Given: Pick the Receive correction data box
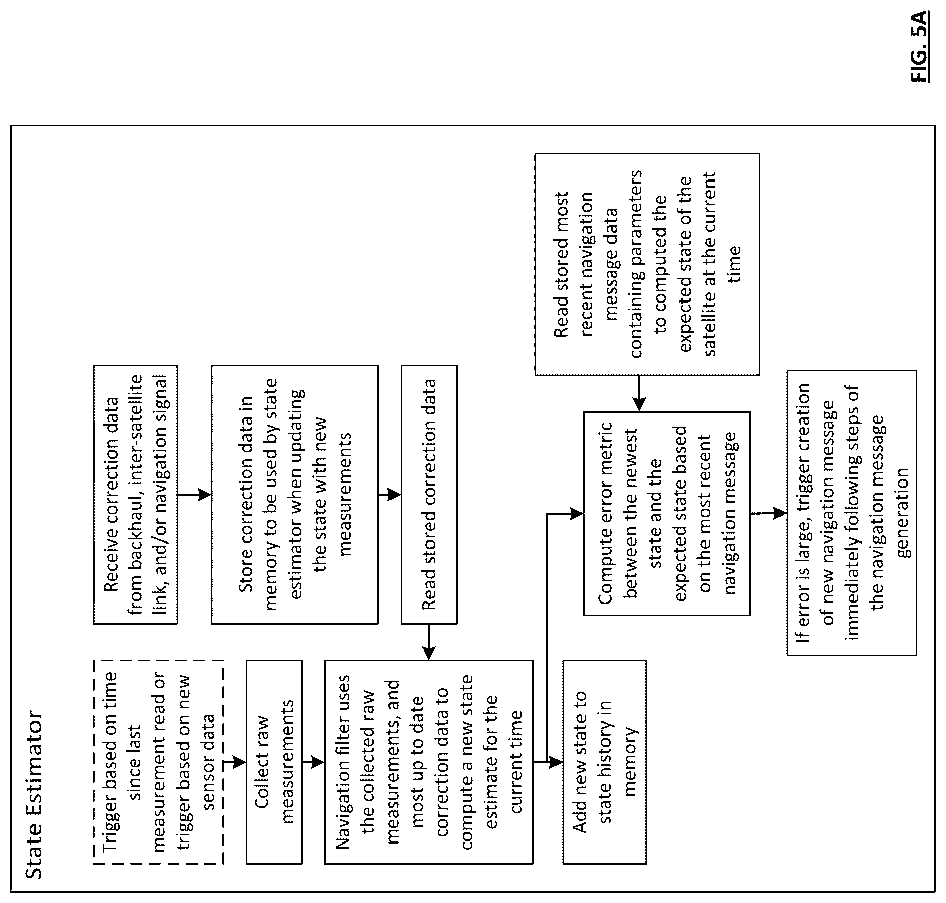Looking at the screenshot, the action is tap(136, 495).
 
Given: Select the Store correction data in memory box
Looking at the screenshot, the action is tap(295, 495).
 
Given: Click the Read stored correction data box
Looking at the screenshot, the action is tap(429, 495).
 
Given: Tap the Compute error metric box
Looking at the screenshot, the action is tap(667, 514).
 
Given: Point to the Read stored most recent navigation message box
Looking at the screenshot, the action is tap(647, 264).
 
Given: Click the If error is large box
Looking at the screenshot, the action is tap(852, 513).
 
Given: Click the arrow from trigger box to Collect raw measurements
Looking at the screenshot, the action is tap(235, 762).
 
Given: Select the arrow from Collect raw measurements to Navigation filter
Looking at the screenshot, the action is tap(313, 762).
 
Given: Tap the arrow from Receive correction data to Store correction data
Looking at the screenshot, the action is tap(194, 495).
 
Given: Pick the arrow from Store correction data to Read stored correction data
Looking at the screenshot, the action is tap(389, 495).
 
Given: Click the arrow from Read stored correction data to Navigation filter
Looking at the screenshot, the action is tap(428, 642).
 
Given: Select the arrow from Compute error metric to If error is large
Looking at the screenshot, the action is tap(768, 514).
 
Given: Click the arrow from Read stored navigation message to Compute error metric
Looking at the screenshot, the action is tap(639, 394).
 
